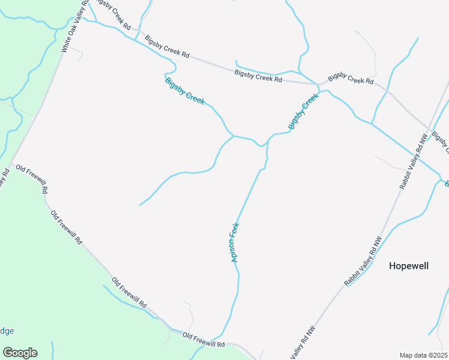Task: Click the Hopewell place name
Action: coord(409,266)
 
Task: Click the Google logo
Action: coord(20,353)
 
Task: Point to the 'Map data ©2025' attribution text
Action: coord(423,355)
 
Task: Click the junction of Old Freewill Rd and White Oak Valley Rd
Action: coord(10,163)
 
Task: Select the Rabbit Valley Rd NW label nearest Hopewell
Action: coord(363,262)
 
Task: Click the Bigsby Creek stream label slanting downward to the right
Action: coord(185,91)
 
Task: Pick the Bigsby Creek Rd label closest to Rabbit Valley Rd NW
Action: coord(351,78)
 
